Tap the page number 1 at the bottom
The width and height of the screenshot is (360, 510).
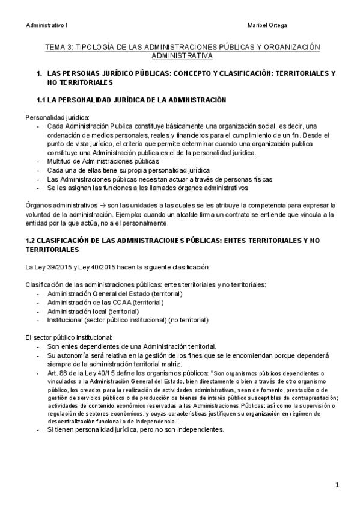click(338, 485)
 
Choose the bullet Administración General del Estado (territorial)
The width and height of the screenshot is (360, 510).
click(114, 293)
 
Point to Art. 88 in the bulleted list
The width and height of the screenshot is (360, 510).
click(59, 373)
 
